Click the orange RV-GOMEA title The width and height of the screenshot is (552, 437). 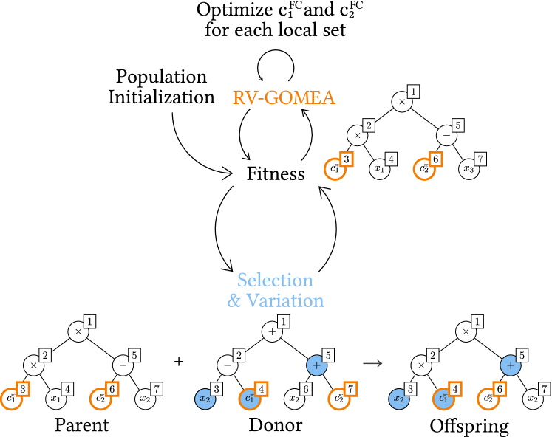(284, 97)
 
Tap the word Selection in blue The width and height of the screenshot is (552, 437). (275, 281)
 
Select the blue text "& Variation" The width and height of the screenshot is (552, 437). (275, 300)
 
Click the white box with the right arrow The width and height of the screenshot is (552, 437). (372, 362)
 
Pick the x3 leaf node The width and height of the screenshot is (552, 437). (468, 169)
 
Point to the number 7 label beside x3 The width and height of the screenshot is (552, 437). (480, 159)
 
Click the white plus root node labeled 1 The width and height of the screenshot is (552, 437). (272, 332)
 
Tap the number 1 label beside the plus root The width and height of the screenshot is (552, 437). (284, 322)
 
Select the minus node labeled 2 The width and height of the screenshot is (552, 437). (227, 365)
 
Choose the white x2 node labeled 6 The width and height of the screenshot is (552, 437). (294, 399)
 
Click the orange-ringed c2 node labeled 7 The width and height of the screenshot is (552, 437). (339, 399)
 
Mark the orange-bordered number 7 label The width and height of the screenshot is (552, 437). (351, 388)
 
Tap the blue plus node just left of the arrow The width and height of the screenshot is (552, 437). (316, 365)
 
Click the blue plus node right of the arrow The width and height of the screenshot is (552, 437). (510, 365)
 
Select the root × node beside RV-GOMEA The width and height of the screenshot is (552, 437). (402, 102)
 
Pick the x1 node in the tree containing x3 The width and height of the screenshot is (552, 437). (380, 169)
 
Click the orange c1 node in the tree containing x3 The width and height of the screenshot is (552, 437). (335, 169)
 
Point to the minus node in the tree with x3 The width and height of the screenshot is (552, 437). (446, 136)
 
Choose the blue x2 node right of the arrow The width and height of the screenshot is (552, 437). (399, 399)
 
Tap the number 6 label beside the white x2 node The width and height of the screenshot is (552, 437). (306, 388)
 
